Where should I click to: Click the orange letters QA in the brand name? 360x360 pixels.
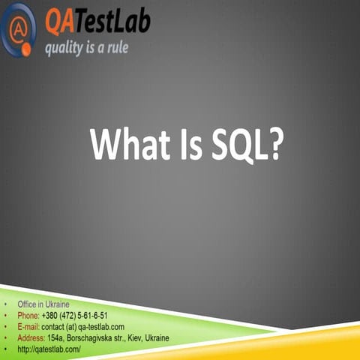[x=59, y=23]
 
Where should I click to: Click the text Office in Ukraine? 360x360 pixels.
[x=43, y=304]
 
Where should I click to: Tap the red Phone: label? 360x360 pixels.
[x=28, y=316]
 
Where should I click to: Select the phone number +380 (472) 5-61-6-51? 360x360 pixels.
[x=75, y=316]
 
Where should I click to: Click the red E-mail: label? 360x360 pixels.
[x=29, y=327]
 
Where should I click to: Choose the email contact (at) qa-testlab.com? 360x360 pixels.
[x=83, y=327]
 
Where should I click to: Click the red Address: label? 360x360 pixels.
[x=31, y=338]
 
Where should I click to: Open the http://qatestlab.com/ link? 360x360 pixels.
[x=49, y=349]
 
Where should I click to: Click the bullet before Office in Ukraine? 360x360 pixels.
[x=5, y=304]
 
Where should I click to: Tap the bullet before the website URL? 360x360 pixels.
[x=5, y=349]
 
